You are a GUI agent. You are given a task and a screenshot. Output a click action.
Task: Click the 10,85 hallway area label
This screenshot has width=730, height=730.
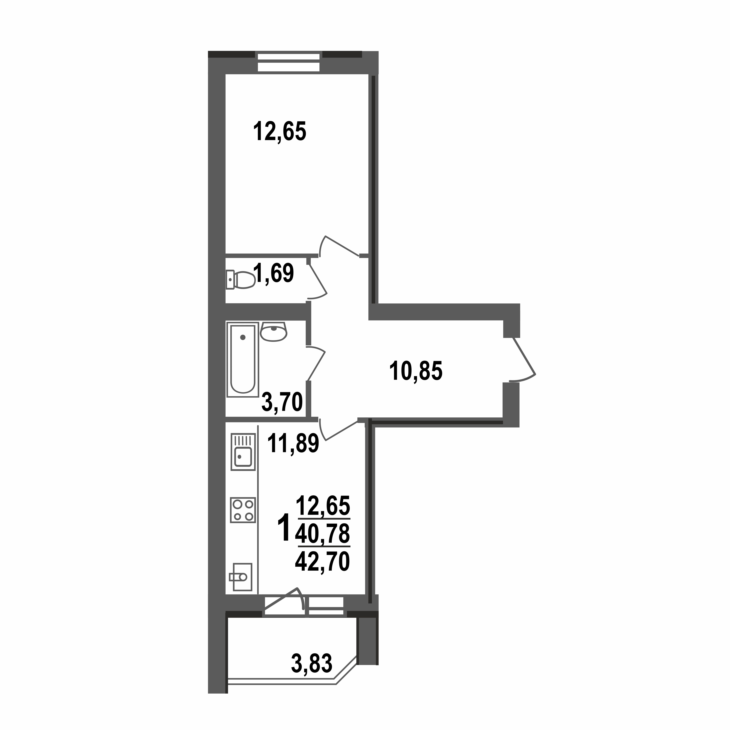point(416,371)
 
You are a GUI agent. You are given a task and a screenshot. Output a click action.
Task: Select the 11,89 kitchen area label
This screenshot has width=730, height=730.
point(293,443)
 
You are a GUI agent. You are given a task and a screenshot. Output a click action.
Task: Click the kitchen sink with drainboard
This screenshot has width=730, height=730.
point(243,452)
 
